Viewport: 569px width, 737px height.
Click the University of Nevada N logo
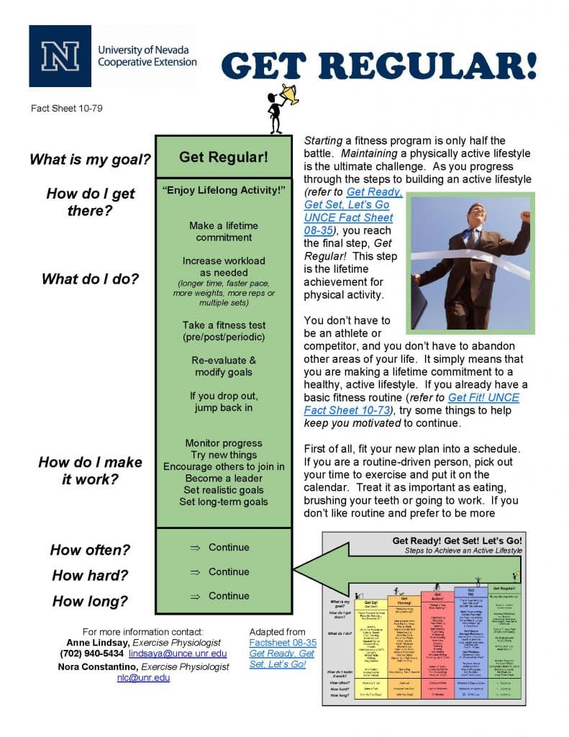pyautogui.click(x=60, y=56)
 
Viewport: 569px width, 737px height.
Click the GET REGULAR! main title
pyautogui.click(x=379, y=67)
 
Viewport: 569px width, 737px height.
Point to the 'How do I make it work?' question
pyautogui.click(x=90, y=471)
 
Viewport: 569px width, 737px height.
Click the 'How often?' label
pyautogui.click(x=90, y=551)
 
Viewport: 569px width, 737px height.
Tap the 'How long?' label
pyautogui.click(x=90, y=601)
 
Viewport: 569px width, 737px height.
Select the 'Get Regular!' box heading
pyautogui.click(x=224, y=157)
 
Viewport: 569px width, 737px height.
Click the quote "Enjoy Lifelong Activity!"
pyautogui.click(x=224, y=190)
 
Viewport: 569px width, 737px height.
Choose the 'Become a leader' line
pyautogui.click(x=224, y=478)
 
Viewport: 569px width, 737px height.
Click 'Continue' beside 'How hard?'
pyautogui.click(x=228, y=571)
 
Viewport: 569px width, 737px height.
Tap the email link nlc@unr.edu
pyautogui.click(x=144, y=677)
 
